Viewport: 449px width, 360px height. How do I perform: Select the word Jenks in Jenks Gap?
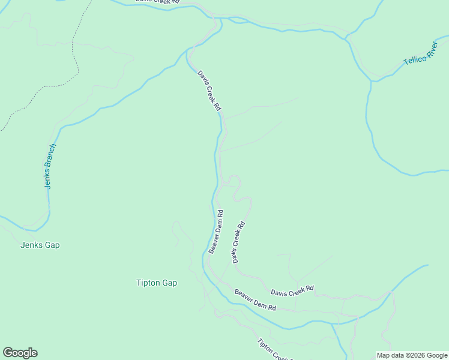(31, 245)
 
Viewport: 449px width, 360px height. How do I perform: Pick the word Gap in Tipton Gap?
(169, 283)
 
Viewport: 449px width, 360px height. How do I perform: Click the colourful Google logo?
(20, 353)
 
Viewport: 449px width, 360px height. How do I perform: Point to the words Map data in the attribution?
(391, 355)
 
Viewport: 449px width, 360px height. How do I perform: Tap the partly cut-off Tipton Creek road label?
(274, 350)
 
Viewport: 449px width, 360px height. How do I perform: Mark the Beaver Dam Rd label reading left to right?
(255, 300)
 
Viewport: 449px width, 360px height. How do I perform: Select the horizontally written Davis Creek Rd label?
(292, 290)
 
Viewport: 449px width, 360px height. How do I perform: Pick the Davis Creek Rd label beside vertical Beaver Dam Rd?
(238, 242)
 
